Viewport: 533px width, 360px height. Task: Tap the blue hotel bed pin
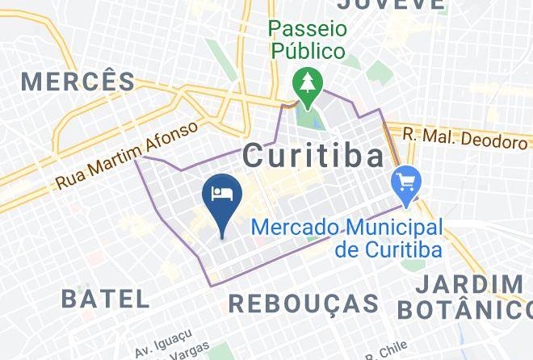222,196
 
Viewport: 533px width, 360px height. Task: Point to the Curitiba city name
313,155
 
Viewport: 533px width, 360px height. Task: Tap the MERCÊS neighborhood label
78,81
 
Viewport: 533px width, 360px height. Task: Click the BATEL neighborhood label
106,298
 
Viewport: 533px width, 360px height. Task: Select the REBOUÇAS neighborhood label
304,303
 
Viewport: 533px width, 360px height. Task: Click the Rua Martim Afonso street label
127,157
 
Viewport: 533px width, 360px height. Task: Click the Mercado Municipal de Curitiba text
347,238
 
